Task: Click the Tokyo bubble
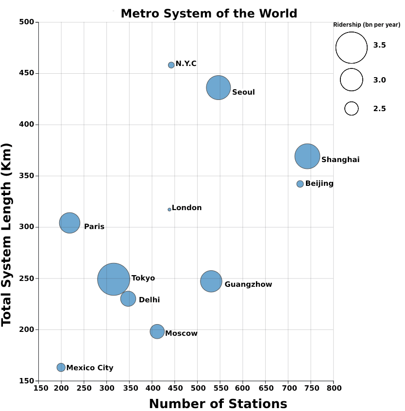point(114,279)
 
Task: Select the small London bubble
point(169,210)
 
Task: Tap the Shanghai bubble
point(307,156)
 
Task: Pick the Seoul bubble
point(219,88)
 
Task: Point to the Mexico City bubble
point(61,367)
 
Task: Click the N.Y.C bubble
point(171,65)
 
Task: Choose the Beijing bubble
point(300,184)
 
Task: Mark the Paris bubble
point(69,223)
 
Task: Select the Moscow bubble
point(157,331)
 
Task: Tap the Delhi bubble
point(128,298)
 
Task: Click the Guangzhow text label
point(248,284)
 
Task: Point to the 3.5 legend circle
point(352,48)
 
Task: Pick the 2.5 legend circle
point(352,109)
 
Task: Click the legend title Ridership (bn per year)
point(367,24)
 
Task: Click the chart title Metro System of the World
point(209,14)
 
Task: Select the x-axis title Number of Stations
point(218,404)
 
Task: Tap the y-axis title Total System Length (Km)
point(7,234)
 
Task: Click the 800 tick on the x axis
point(333,388)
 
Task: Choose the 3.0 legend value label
point(379,80)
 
